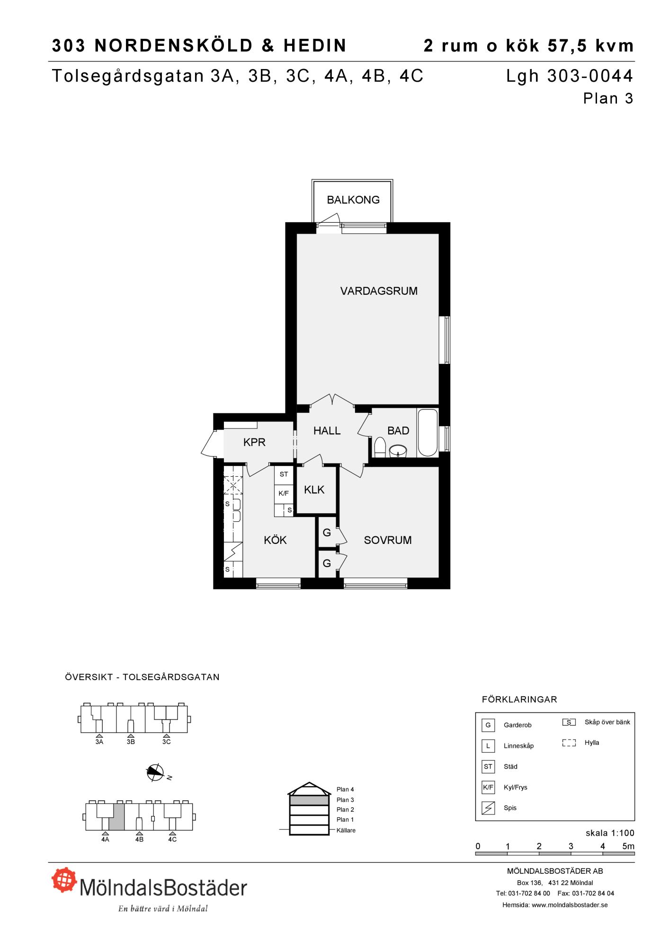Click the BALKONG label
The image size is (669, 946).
(x=353, y=200)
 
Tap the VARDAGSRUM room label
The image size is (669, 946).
(x=379, y=291)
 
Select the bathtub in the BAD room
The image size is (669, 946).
(x=428, y=433)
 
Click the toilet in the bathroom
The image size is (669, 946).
(x=380, y=447)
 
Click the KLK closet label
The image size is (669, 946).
(x=314, y=490)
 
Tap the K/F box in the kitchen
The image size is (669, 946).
(x=284, y=493)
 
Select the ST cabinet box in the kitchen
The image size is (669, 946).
(x=284, y=474)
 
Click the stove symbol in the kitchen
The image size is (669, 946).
(x=233, y=551)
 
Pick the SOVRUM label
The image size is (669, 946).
(x=388, y=540)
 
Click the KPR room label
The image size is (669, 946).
(x=254, y=442)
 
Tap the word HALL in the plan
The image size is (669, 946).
(x=327, y=430)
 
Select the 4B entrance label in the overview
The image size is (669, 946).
(x=139, y=839)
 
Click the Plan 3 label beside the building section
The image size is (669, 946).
(x=345, y=800)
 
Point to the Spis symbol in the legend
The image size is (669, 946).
(x=488, y=807)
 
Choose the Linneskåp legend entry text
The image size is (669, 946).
(x=518, y=746)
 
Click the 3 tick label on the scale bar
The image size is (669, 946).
(x=571, y=846)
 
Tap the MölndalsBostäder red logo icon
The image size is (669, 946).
(x=64, y=879)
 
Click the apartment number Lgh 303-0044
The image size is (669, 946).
(x=570, y=76)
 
